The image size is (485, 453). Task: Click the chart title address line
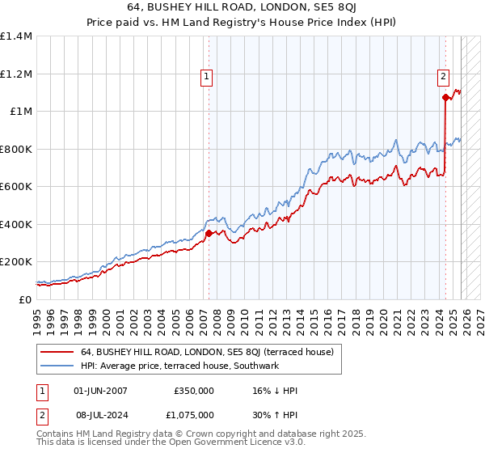(x=242, y=7)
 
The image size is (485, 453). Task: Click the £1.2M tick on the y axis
(x=15, y=74)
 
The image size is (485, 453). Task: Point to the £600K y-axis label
(x=15, y=186)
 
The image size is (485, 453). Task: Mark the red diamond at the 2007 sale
(x=209, y=233)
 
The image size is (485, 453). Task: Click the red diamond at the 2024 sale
(x=445, y=97)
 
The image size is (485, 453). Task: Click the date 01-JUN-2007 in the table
(x=100, y=391)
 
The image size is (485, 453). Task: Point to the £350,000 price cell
(x=194, y=391)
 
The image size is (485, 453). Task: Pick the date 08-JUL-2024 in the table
(x=100, y=417)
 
